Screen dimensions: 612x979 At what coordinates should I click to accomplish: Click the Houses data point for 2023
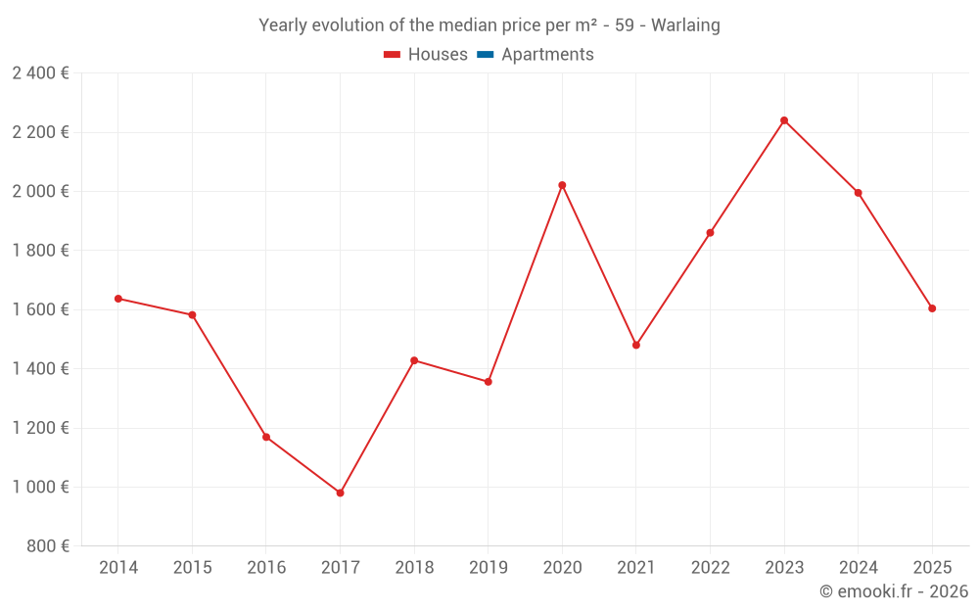[784, 120]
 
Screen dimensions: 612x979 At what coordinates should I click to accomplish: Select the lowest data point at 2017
[340, 493]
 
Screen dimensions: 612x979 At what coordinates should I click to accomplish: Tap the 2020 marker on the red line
[562, 185]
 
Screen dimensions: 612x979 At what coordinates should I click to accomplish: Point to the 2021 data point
[636, 345]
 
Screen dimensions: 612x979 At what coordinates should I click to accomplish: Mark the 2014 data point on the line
[118, 299]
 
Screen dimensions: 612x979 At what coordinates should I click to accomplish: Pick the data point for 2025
[932, 308]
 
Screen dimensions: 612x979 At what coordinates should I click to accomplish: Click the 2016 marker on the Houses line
[266, 437]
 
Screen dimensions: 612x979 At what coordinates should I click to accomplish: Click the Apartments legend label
[547, 55]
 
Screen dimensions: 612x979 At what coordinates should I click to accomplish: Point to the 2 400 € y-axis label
[40, 73]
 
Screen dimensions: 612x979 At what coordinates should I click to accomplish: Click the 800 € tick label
[46, 546]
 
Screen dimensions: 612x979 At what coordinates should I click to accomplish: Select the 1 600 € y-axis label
[40, 309]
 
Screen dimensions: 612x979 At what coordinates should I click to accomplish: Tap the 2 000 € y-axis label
[40, 192]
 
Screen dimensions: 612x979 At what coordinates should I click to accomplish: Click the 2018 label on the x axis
[414, 568]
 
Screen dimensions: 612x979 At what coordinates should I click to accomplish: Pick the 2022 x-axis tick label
[710, 568]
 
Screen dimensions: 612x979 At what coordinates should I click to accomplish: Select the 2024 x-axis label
[859, 568]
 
